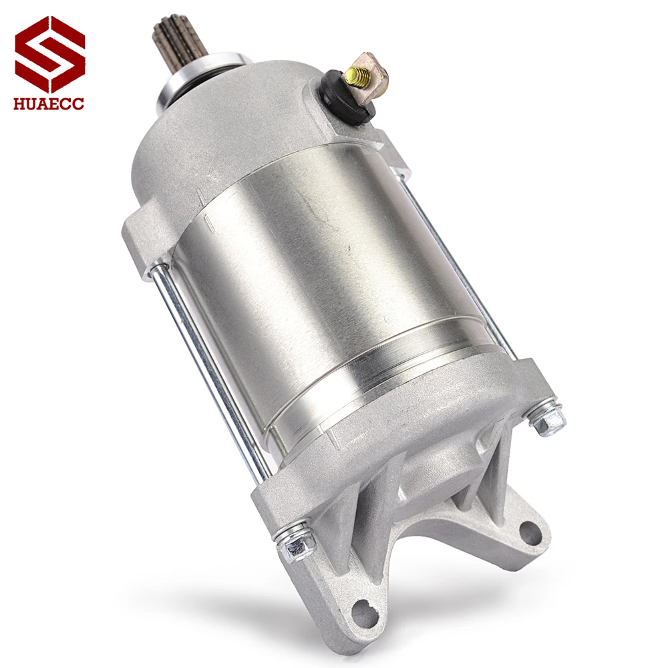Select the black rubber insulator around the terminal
coord(347,94)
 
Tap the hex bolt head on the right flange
coord(546,417)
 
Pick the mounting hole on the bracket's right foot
coord(530,532)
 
